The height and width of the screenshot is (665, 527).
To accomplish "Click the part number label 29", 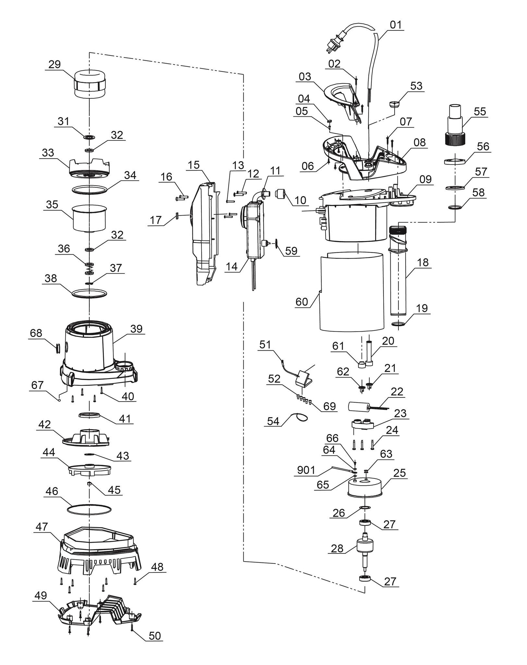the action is click(x=55, y=64).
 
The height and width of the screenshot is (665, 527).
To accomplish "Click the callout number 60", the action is click(x=301, y=302).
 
